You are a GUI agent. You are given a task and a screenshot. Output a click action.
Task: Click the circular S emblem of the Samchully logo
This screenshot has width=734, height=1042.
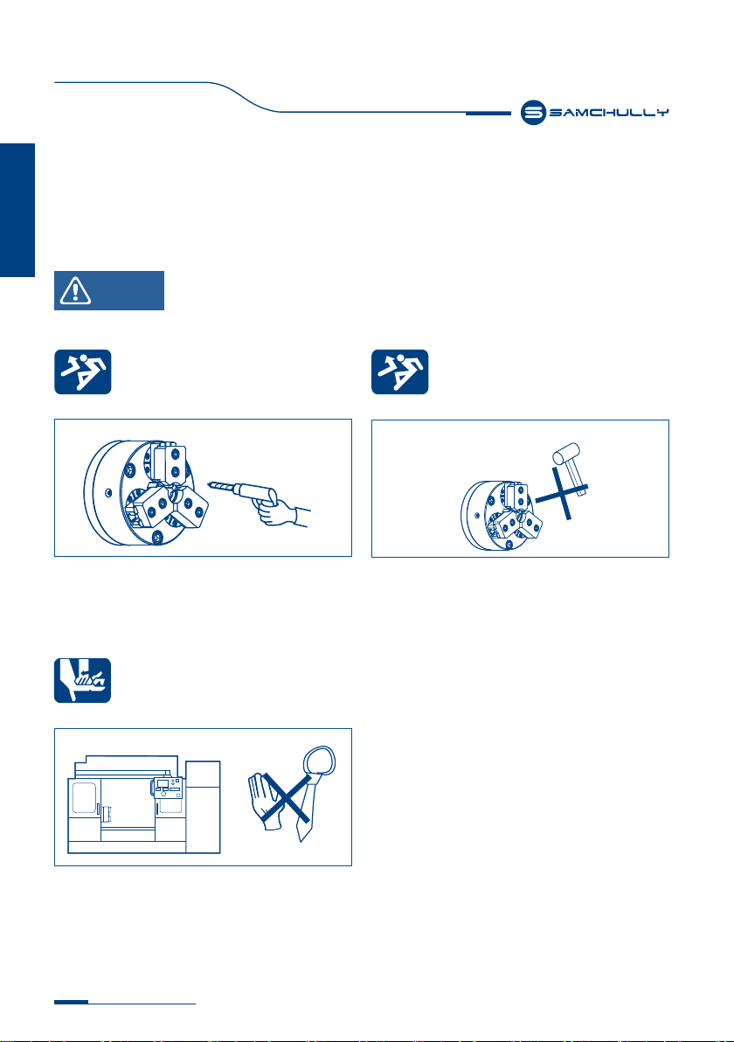coord(533,113)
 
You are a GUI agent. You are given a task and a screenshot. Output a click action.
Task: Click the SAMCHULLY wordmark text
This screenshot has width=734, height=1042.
coord(608,113)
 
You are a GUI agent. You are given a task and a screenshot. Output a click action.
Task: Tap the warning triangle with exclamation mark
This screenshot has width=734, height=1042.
coord(75,290)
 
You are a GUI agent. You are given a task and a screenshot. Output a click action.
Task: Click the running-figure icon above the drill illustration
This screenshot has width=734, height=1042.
coord(82,372)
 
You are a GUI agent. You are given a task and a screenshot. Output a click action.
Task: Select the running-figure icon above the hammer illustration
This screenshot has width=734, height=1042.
coord(400,372)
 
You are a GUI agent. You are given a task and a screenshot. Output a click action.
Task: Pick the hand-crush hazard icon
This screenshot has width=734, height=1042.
coord(82,680)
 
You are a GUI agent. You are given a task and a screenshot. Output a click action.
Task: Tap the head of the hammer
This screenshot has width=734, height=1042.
coord(566,455)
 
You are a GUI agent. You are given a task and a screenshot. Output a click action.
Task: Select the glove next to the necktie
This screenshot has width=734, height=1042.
coord(266,802)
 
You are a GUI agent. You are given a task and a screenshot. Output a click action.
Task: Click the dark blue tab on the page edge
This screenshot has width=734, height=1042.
coord(17,210)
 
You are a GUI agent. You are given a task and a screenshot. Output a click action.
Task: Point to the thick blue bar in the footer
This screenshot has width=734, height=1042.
coord(71,1002)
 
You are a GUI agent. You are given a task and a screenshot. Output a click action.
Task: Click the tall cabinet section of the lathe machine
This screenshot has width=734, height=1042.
coord(203,807)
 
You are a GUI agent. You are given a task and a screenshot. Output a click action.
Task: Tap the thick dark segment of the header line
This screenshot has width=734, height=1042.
coord(488,114)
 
